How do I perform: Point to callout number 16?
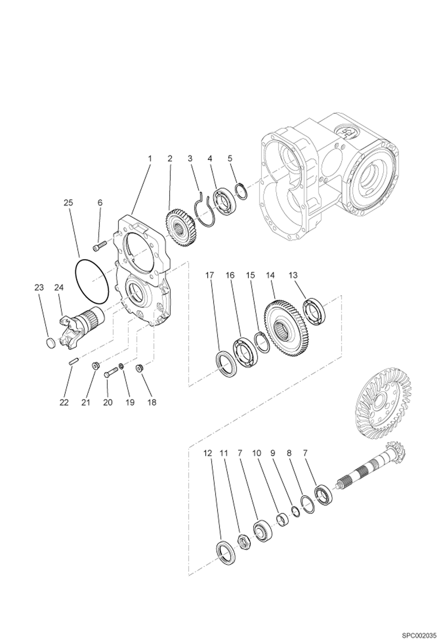click(230, 275)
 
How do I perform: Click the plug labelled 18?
click(139, 369)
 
